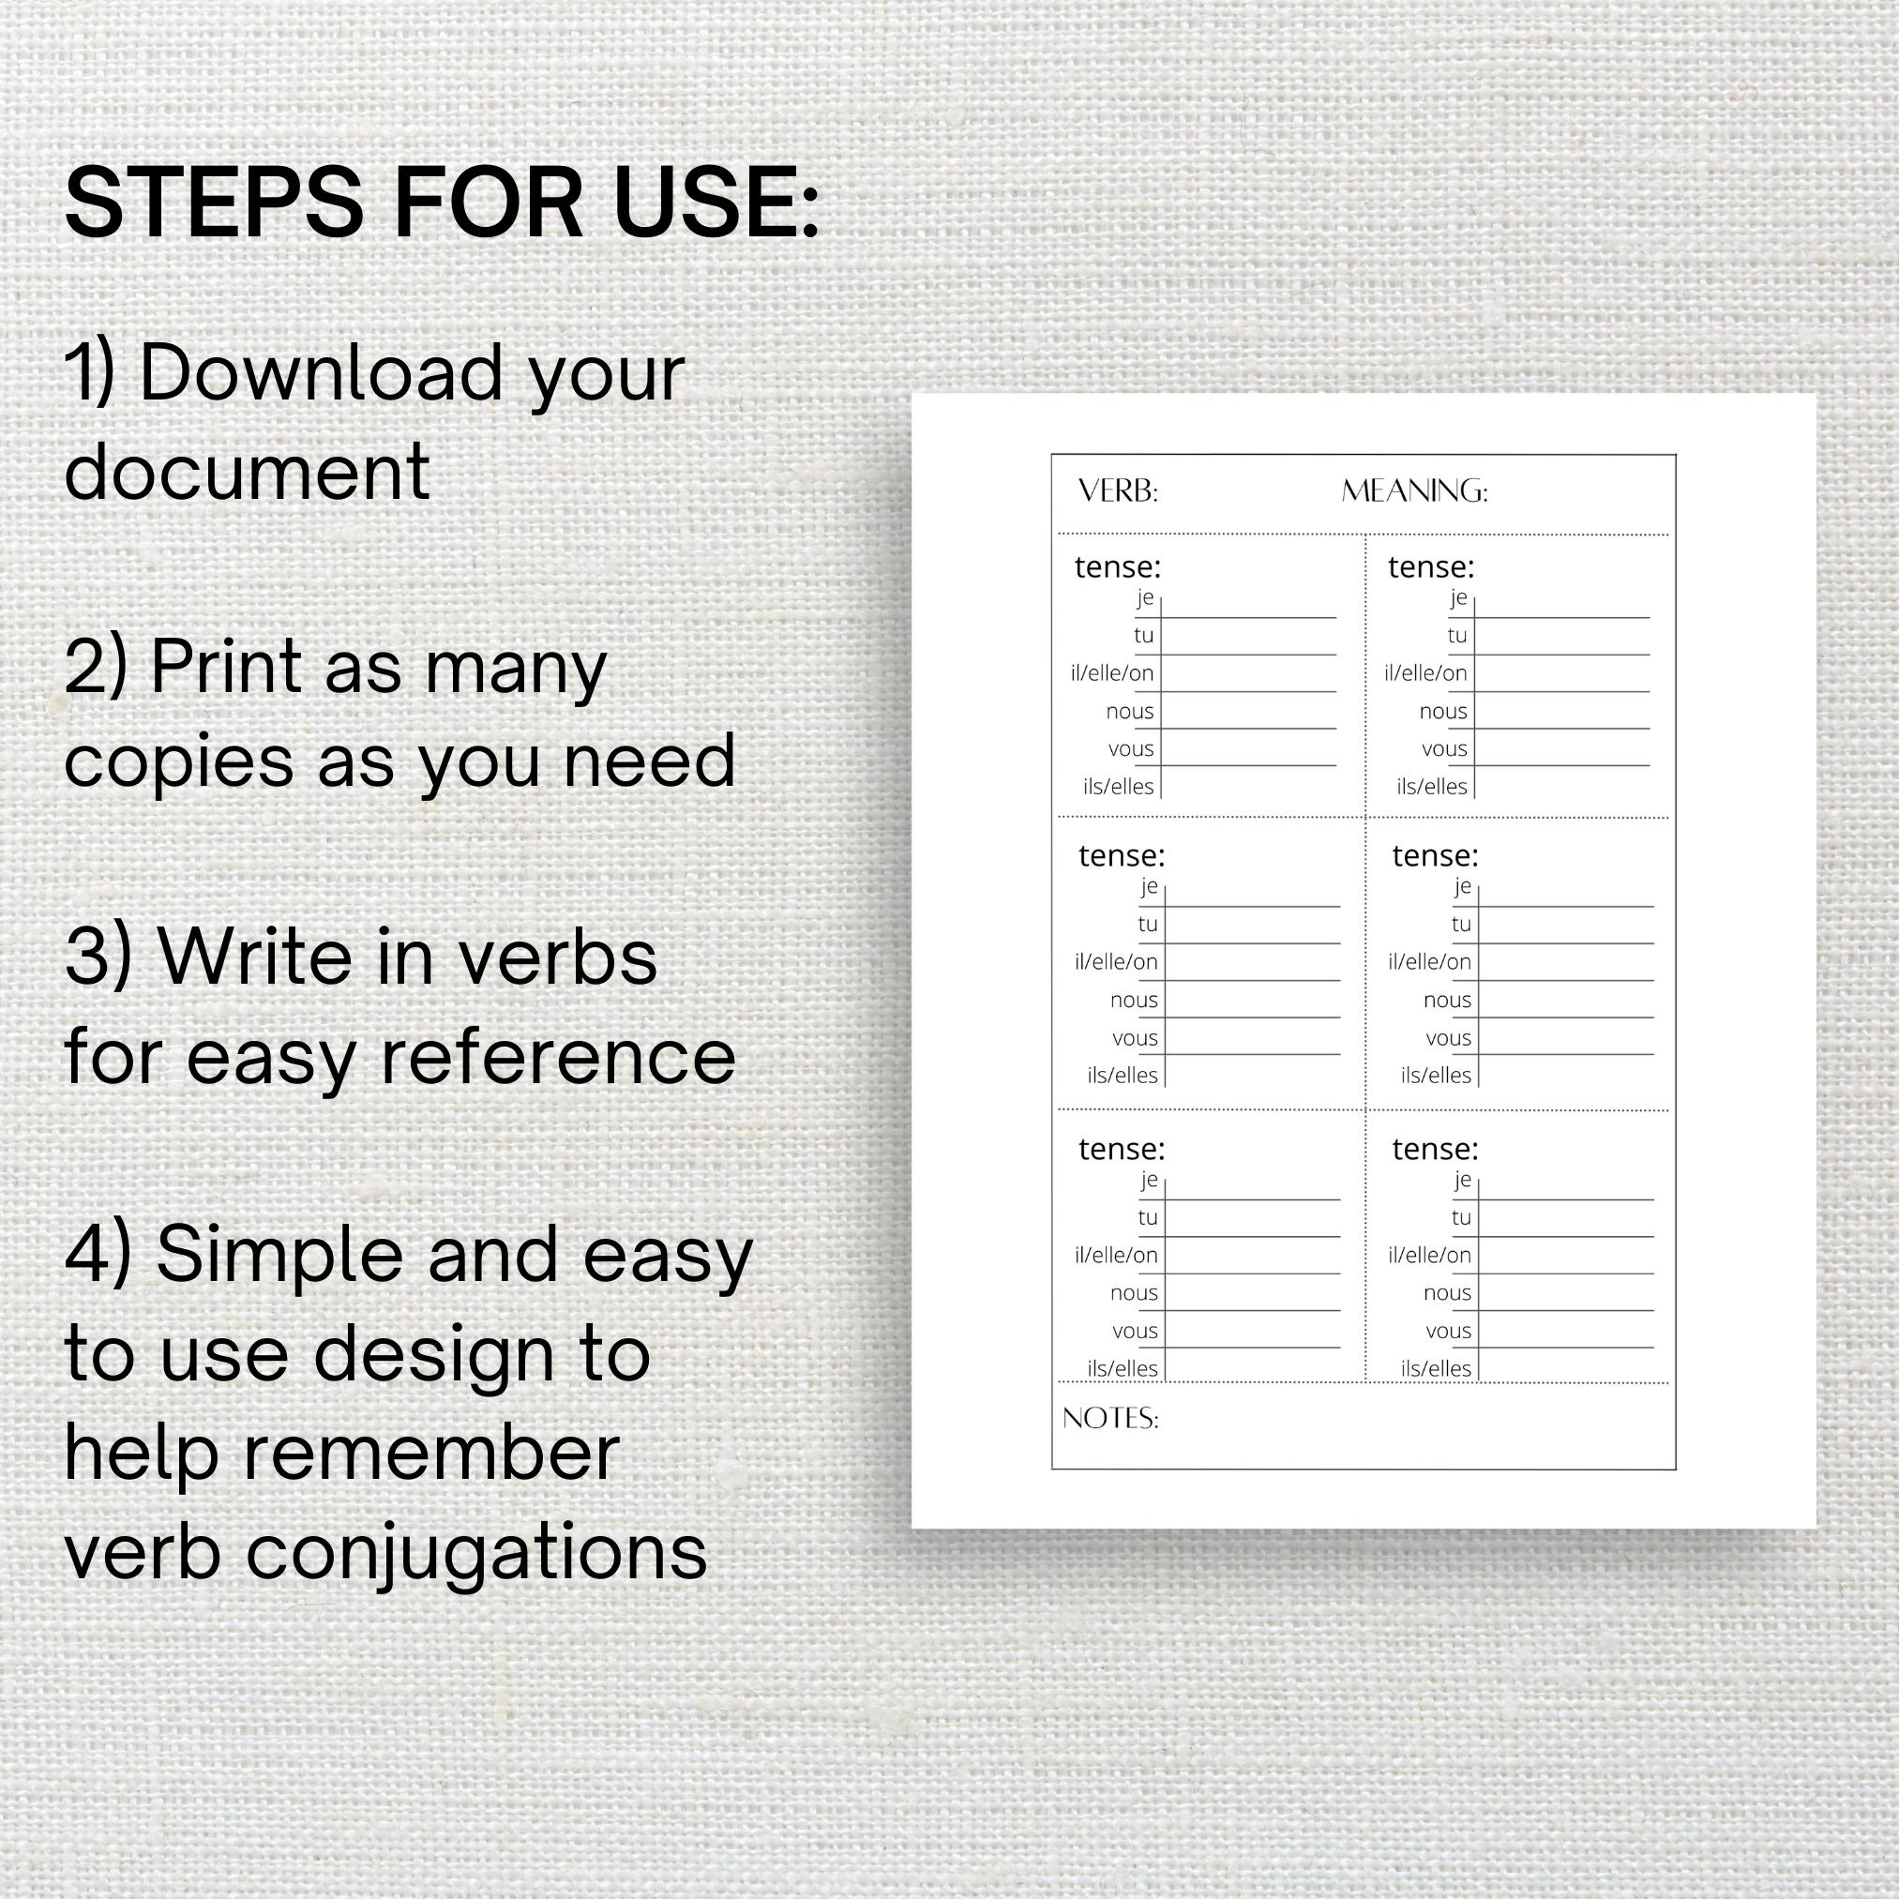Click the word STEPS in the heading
click(213, 205)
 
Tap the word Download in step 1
click(320, 374)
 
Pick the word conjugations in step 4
click(475, 1554)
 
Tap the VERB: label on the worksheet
click(1118, 490)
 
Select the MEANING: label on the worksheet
click(1413, 490)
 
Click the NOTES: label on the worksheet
click(1109, 1417)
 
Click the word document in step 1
click(247, 471)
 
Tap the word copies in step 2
click(178, 762)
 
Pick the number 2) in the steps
click(96, 668)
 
